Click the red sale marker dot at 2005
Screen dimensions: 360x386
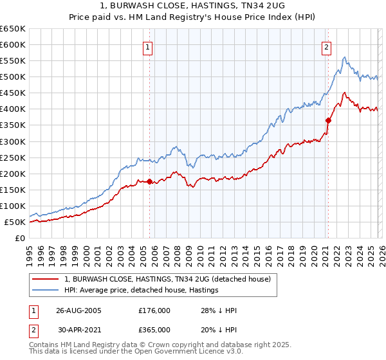point(150,181)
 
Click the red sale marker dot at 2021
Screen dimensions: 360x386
point(328,120)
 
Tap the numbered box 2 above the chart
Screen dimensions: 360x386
point(327,46)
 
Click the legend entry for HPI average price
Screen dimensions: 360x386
point(141,290)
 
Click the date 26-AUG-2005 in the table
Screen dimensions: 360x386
point(78,310)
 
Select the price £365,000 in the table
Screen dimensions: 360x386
point(154,329)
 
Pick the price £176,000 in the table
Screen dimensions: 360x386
point(154,310)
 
